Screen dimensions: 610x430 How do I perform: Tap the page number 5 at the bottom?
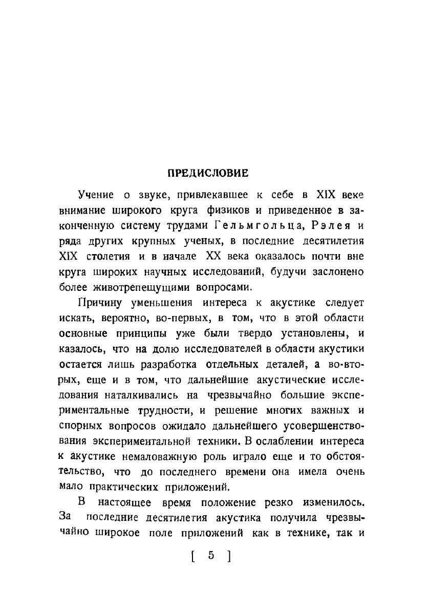(210, 556)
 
